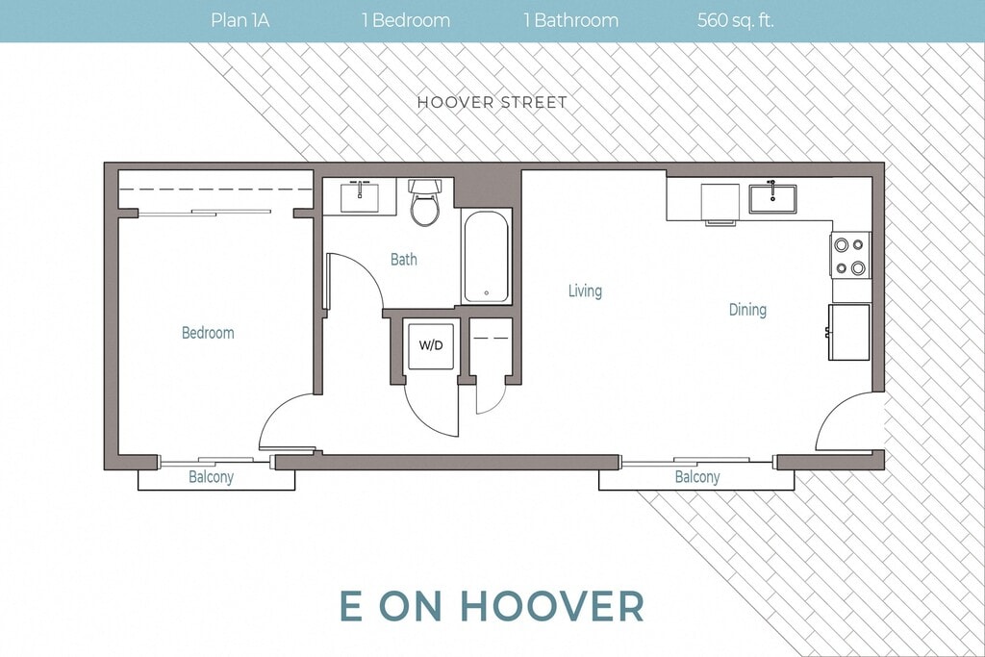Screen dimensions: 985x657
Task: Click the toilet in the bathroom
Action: tap(426, 202)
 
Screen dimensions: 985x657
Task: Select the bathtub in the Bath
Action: tap(486, 257)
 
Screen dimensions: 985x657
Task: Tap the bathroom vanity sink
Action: tap(360, 197)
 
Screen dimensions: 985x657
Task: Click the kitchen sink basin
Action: tap(772, 198)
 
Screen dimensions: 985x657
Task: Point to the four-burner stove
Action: tap(850, 256)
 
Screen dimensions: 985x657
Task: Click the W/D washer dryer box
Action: tap(430, 345)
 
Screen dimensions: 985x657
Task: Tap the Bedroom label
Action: tap(208, 333)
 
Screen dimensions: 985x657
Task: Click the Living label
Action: tap(585, 291)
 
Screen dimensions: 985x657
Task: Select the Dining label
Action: tap(747, 310)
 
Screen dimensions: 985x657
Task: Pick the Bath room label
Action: tap(403, 260)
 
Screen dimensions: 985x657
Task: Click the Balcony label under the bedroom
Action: tap(211, 477)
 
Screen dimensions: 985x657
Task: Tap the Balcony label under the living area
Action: tap(697, 477)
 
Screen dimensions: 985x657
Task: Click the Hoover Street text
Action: tap(492, 102)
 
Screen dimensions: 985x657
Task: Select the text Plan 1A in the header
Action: tap(240, 21)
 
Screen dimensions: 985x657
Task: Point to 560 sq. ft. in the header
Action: tap(735, 21)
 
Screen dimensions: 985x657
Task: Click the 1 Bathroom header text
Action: tap(571, 21)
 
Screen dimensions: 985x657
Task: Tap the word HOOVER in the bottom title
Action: tap(553, 605)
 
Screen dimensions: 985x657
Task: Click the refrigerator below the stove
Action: tap(849, 332)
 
